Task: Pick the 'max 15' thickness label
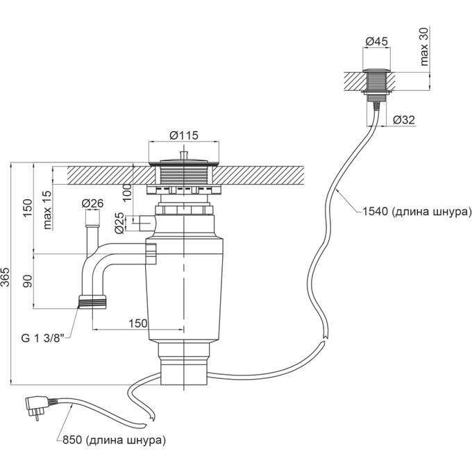[x=47, y=210]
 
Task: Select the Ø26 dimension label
[x=92, y=203]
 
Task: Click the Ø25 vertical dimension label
[x=119, y=222]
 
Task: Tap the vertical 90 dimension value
[x=28, y=282]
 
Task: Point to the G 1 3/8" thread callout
[x=42, y=337]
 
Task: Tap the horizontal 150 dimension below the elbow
[x=137, y=323]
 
